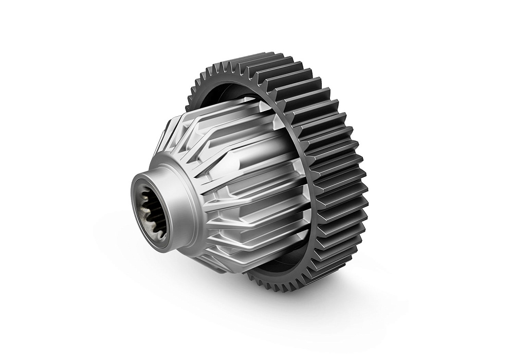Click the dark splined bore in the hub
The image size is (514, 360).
152,216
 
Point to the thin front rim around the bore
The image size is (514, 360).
135,206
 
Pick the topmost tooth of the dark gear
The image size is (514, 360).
267,56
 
